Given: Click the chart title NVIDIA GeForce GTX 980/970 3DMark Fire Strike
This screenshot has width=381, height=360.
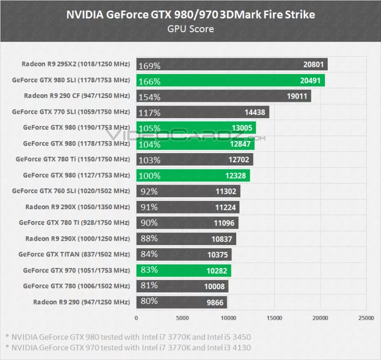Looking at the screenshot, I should pyautogui.click(x=190, y=15).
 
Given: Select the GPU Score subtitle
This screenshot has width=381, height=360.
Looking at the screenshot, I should pyautogui.click(x=190, y=28).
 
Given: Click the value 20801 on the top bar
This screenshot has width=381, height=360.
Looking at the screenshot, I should pyautogui.click(x=314, y=65).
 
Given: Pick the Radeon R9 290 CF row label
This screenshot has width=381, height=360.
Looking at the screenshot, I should pyautogui.click(x=77, y=96).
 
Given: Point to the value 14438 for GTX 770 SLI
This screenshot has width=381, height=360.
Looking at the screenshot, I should pyautogui.click(x=255, y=113).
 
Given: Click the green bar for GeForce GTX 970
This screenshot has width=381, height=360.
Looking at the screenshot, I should pyautogui.click(x=183, y=270).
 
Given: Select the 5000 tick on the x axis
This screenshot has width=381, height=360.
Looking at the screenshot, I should pyautogui.click(x=182, y=318).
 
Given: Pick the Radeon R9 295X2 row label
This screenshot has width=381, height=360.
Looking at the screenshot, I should pyautogui.click(x=76, y=64).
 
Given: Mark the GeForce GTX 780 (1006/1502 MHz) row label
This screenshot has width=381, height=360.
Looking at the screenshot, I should pyautogui.click(x=76, y=286).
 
